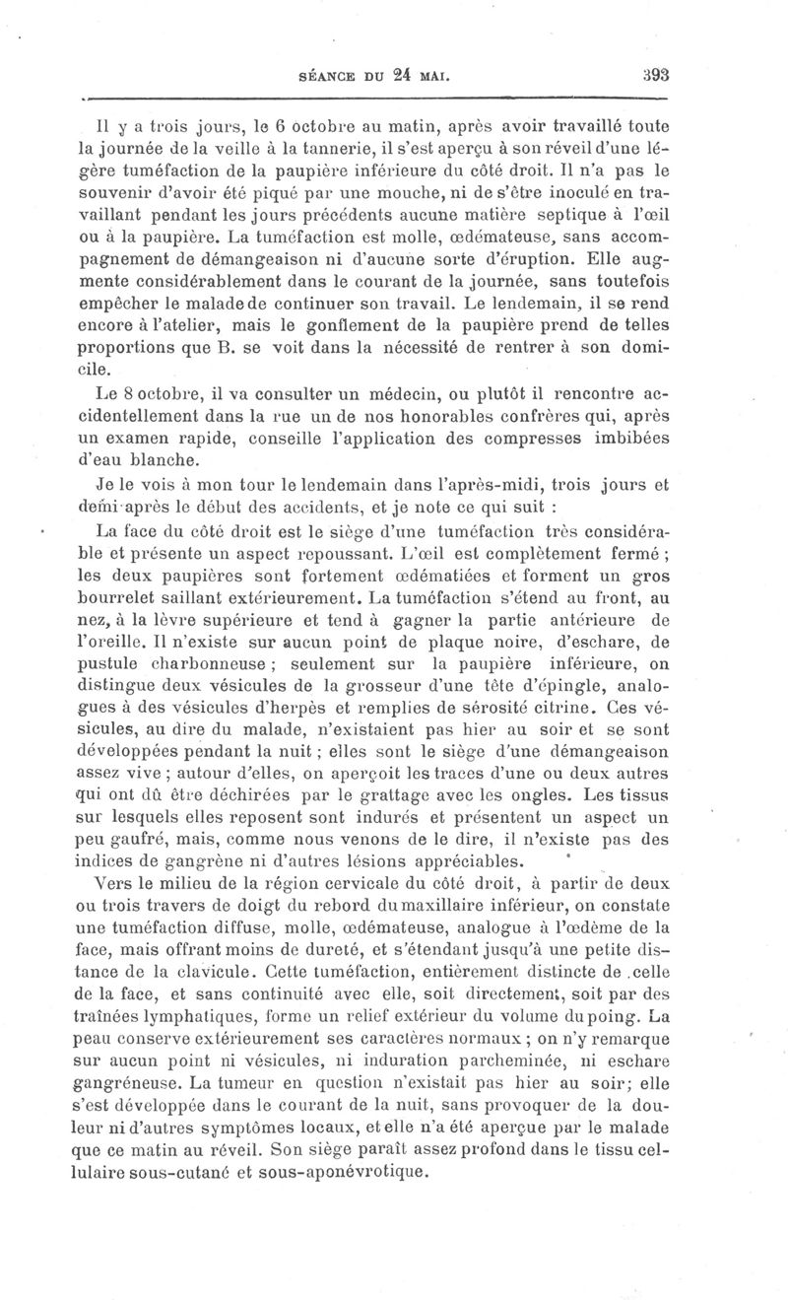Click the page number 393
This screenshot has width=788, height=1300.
point(655,72)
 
